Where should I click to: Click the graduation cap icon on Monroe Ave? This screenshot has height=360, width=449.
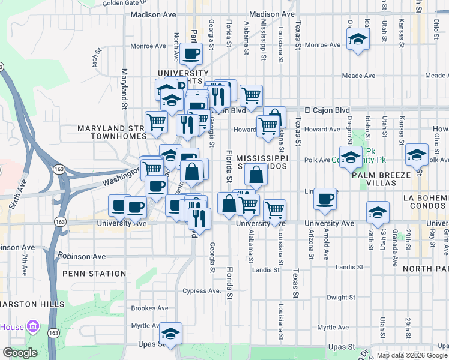[358, 40]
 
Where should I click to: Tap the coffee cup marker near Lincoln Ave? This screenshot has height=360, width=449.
[325, 199]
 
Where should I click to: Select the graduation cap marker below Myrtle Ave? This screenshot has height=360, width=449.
[170, 334]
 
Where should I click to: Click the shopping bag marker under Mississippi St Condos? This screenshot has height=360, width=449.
[256, 175]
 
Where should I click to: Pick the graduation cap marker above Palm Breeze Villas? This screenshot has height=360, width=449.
[417, 155]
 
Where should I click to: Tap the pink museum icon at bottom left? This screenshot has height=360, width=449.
[33, 328]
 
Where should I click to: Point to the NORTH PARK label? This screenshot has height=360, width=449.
[426, 269]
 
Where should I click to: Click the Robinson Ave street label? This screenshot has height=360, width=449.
[82, 256]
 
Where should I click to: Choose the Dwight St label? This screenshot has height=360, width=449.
[342, 297]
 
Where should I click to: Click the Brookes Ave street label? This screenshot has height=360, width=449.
[149, 308]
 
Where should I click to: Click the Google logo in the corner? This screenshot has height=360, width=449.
[20, 353]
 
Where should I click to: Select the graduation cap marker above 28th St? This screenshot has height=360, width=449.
[377, 212]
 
